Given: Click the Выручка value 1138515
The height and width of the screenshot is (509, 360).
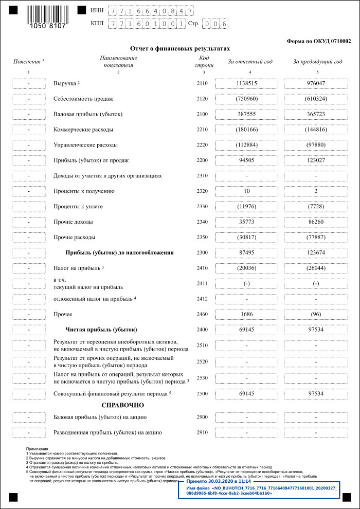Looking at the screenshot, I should tap(246, 83).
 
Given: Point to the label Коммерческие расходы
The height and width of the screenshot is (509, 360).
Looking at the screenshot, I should tap(83, 130).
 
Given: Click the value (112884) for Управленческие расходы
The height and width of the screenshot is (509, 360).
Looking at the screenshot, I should tap(246, 145).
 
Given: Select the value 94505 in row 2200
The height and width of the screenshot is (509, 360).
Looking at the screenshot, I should tap(246, 160).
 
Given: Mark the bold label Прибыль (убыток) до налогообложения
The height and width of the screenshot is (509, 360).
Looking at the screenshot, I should tap(119, 253).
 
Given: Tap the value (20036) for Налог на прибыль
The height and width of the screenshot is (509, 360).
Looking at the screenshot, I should tap(246, 268).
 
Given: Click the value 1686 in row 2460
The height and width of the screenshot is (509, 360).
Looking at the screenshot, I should tap(246, 314).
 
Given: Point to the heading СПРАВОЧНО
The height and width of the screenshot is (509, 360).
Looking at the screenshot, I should tap(122, 406).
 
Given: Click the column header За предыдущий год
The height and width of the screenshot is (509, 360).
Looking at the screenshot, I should tap(317, 62).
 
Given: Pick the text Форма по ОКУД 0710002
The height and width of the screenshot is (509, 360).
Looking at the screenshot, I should tap(318, 41).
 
